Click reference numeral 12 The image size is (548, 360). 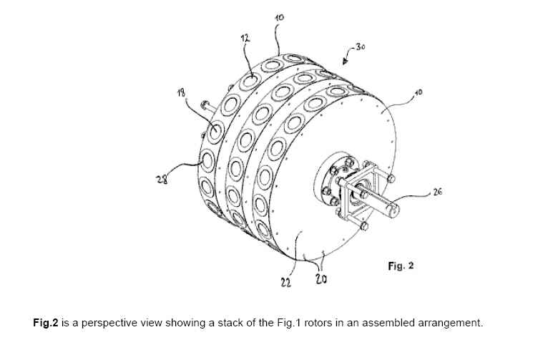click(x=245, y=38)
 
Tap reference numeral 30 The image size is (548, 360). click(x=361, y=47)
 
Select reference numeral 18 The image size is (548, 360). click(x=181, y=92)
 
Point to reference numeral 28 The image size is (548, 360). click(x=162, y=179)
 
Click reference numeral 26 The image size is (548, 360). click(x=437, y=191)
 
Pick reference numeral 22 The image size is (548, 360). click(x=286, y=282)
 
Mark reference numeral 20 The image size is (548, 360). click(x=321, y=279)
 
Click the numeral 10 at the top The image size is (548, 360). click(x=280, y=16)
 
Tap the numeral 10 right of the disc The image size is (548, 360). click(x=418, y=92)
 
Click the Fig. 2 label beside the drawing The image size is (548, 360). click(x=401, y=266)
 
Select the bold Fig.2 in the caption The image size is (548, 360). click(x=46, y=323)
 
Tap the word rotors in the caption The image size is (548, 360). click(x=318, y=323)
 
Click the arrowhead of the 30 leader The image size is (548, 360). click(x=345, y=62)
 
